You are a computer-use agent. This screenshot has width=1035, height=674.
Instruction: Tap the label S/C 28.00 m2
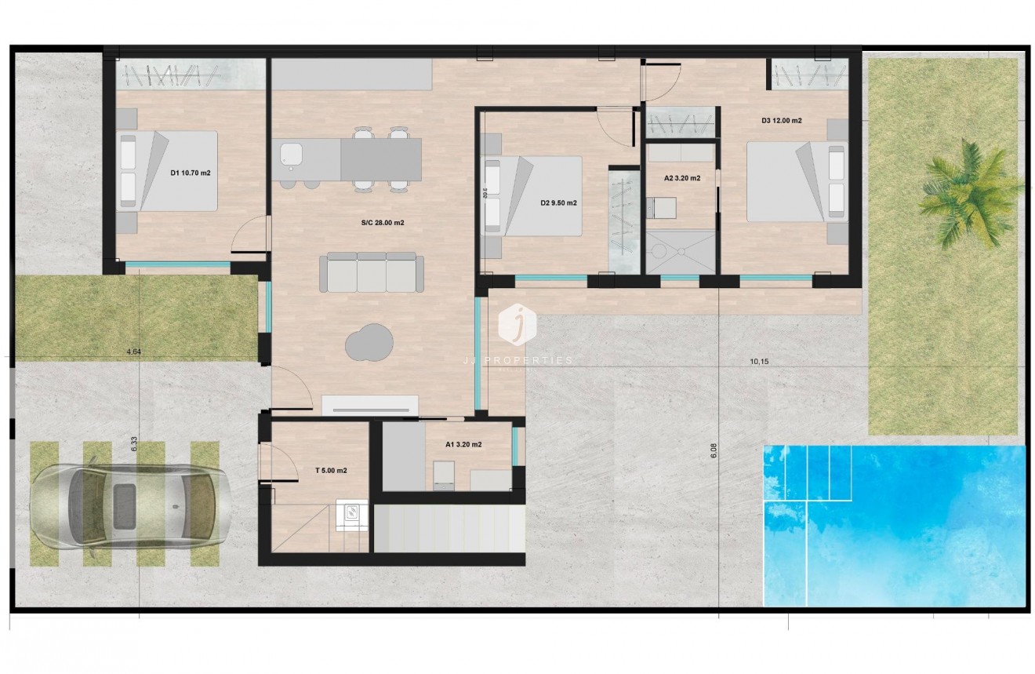[x=383, y=223]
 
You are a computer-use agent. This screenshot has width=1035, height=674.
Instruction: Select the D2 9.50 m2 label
[x=558, y=202]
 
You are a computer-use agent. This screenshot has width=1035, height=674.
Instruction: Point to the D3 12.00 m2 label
[x=781, y=121]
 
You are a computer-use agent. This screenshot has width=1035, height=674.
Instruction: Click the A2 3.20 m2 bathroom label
[x=682, y=178]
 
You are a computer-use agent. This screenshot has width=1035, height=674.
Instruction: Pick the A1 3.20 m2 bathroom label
[x=463, y=444]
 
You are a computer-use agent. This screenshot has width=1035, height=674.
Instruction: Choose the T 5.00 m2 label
[x=331, y=471]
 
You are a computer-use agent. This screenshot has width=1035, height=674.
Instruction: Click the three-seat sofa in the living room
[x=372, y=271]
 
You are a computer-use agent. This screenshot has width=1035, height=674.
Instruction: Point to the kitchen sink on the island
[x=292, y=155]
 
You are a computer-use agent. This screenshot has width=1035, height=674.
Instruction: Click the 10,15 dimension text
[x=759, y=362]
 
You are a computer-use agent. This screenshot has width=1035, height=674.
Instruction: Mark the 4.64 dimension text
[x=133, y=352]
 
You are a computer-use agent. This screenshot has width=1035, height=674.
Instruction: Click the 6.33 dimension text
[x=134, y=444]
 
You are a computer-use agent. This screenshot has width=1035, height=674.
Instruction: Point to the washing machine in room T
[x=351, y=512]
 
